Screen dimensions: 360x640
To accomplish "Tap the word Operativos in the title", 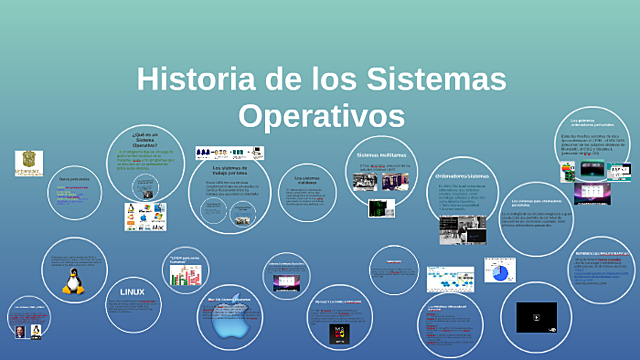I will point(321,114).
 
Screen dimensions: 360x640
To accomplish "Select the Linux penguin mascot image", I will point(72,282).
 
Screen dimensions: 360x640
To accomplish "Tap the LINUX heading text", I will point(132,291).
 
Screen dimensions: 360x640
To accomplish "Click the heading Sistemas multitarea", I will point(379,156).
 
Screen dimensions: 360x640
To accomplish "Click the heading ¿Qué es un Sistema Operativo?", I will point(145,138).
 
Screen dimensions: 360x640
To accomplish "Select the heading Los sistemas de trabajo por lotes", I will point(229,170).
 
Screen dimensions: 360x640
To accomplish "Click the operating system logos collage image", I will point(144,216).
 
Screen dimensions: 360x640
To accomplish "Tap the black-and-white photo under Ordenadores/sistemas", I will point(461,230).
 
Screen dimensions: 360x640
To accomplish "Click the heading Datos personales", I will point(74,179).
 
